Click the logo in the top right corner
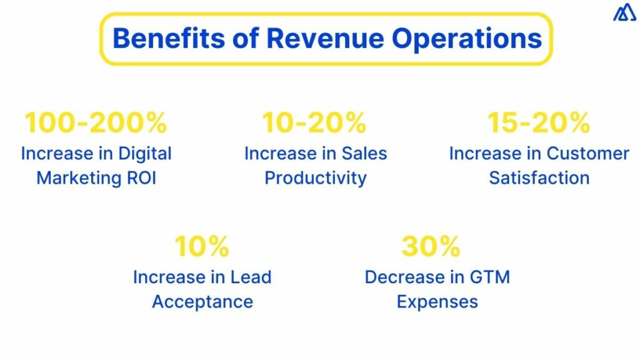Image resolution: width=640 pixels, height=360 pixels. tap(624, 12)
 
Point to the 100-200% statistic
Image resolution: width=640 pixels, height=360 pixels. tap(96, 123)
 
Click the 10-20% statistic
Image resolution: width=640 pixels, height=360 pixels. tap(315, 123)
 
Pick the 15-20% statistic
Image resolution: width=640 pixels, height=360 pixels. tap(539, 123)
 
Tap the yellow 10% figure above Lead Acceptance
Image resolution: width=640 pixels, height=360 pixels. tap(202, 247)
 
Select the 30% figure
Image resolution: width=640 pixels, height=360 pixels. tap(431, 247)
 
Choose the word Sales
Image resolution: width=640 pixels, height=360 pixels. tap(363, 154)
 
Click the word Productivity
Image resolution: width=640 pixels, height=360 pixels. tap(315, 178)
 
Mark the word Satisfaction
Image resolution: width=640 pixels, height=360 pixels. tap(539, 178)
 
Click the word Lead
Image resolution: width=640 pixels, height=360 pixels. tap(249, 277)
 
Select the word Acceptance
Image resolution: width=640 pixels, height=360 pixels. tap(202, 302)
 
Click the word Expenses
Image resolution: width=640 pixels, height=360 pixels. tap(437, 302)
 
